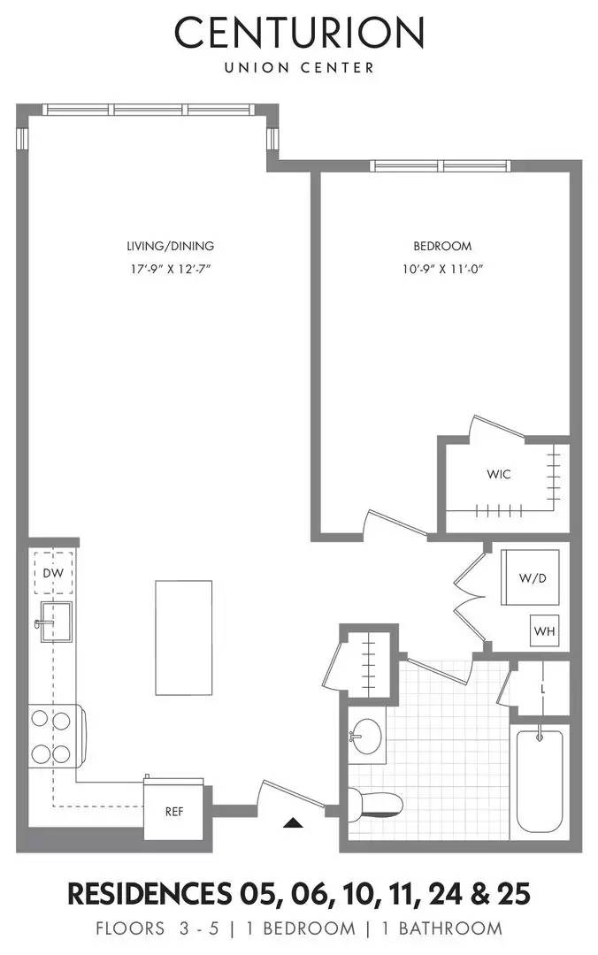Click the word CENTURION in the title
(x=299, y=34)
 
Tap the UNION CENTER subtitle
(x=299, y=67)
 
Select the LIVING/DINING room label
(x=169, y=247)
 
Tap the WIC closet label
(x=498, y=474)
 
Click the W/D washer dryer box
(x=531, y=577)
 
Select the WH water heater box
(x=542, y=631)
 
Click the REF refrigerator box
(x=174, y=811)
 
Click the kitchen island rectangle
(x=183, y=637)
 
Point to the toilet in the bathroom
(x=377, y=805)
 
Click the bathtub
(x=540, y=780)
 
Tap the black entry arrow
(x=293, y=823)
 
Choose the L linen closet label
(x=542, y=687)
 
